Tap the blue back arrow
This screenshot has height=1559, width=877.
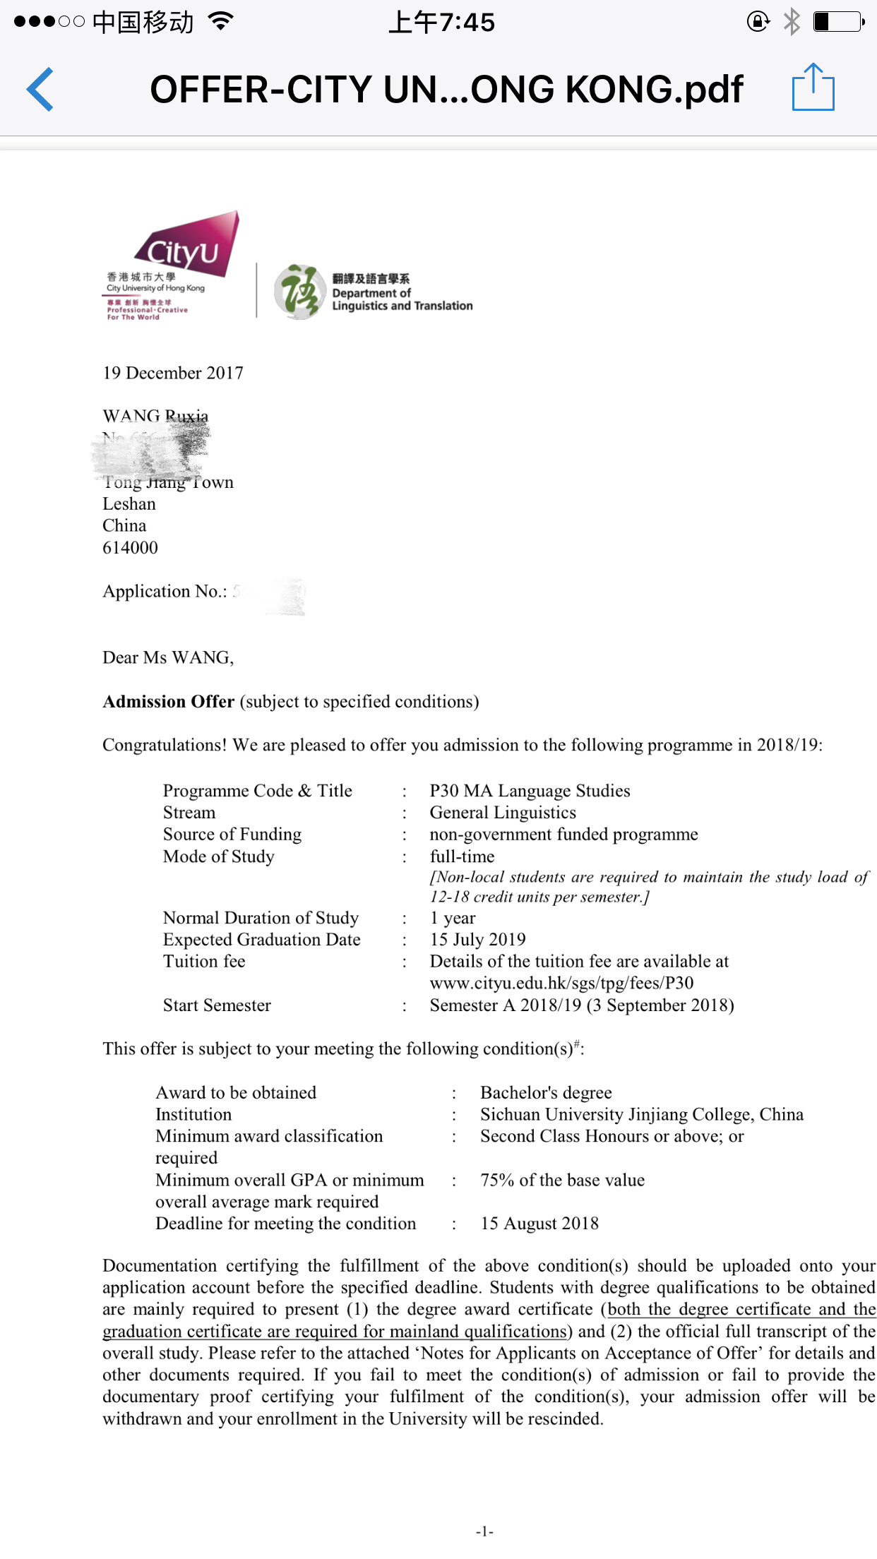(40, 90)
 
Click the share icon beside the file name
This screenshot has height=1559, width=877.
(813, 88)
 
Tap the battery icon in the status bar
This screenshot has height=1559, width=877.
(838, 22)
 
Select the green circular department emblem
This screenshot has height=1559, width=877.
(299, 292)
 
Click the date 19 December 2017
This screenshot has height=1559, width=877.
(173, 373)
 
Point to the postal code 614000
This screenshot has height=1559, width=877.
(131, 548)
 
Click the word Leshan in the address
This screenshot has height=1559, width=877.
(129, 504)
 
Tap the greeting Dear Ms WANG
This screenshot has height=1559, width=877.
(168, 658)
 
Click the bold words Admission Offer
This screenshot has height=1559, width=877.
(169, 702)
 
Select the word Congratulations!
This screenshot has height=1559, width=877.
(165, 746)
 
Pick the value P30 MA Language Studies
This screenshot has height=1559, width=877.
(530, 791)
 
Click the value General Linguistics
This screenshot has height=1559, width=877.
(503, 813)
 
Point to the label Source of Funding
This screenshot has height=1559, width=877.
(232, 835)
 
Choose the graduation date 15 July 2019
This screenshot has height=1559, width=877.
(478, 940)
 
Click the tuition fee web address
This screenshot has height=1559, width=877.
(561, 984)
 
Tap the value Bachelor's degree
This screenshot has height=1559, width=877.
(546, 1093)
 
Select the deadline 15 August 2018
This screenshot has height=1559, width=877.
(539, 1224)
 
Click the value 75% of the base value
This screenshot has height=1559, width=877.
(562, 1181)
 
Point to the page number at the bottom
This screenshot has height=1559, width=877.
(484, 1531)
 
